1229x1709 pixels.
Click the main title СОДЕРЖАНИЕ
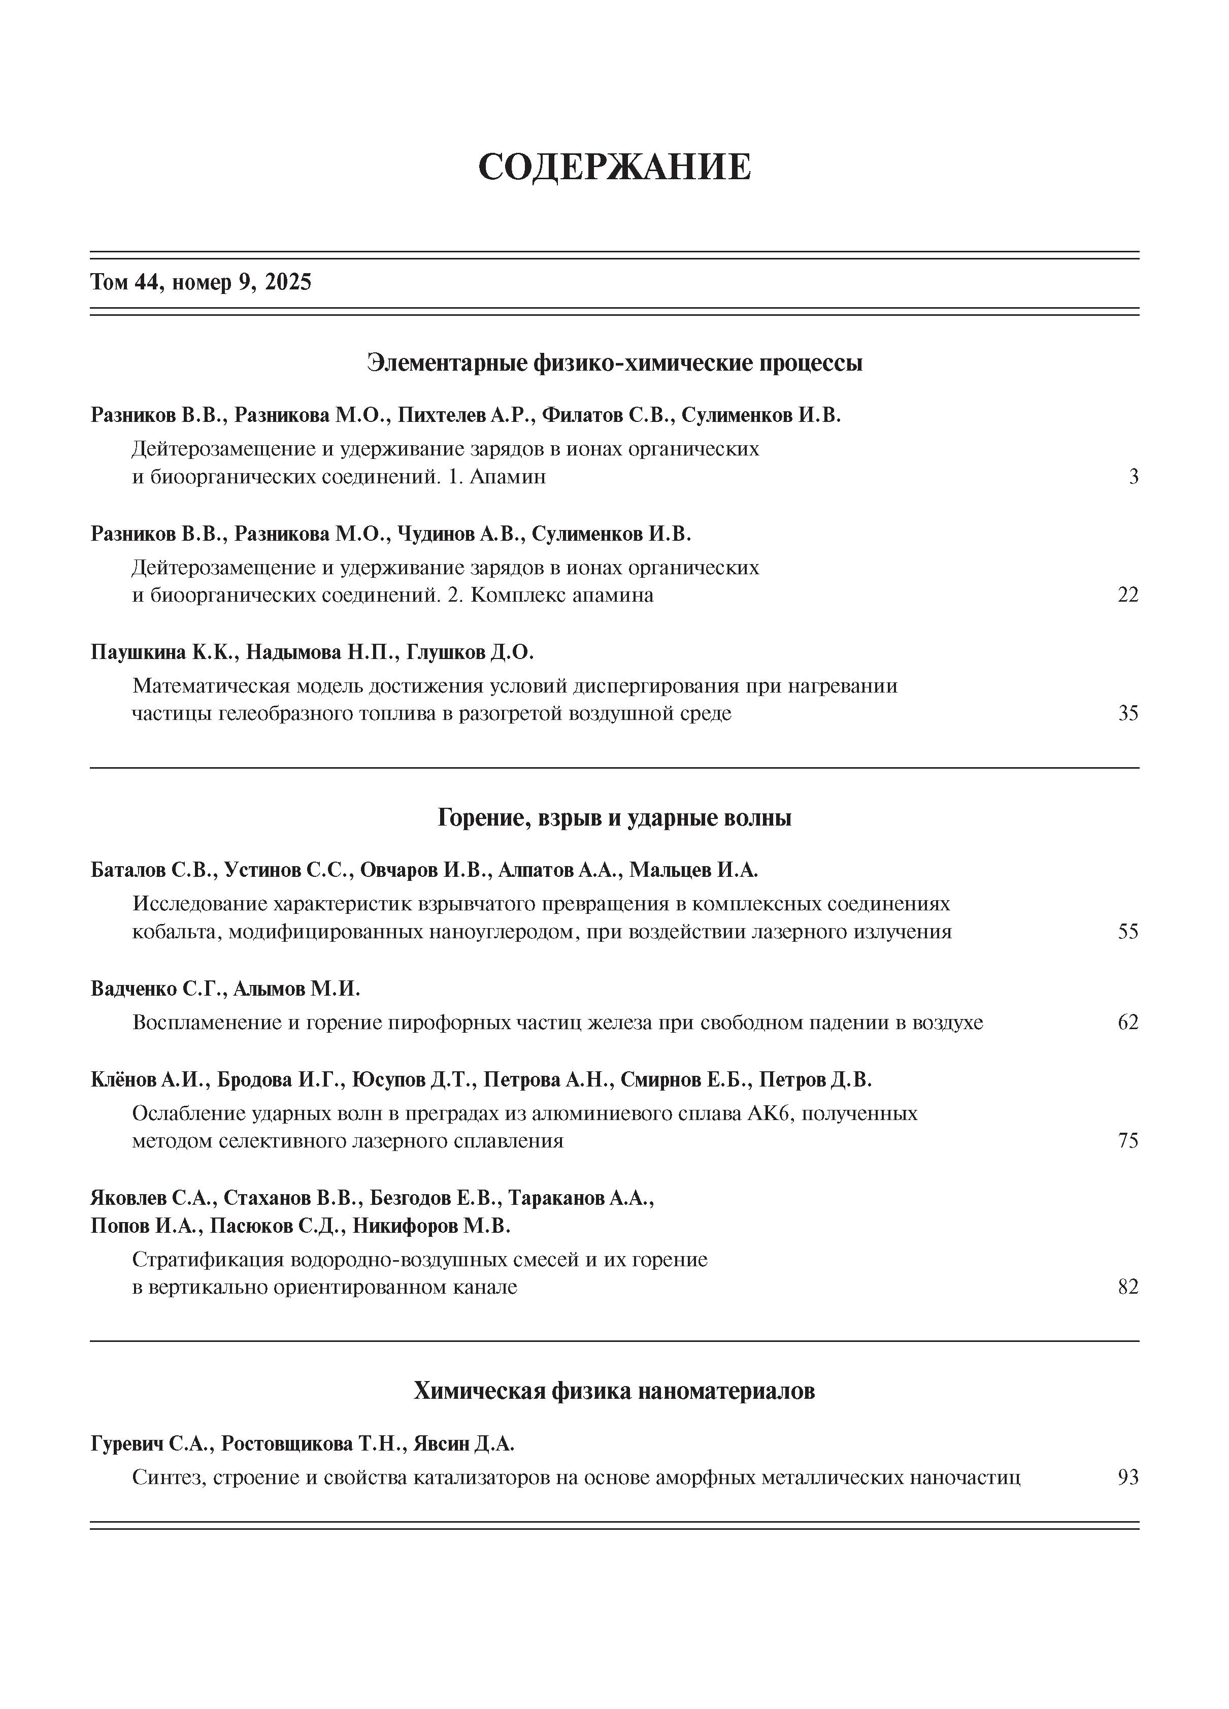point(614,167)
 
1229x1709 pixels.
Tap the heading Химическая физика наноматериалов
point(614,1391)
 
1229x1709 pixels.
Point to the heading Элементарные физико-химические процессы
point(614,363)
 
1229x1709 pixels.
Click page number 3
point(1133,477)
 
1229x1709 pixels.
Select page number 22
point(1127,595)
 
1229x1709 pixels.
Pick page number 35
point(1127,713)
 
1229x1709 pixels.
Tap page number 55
point(1127,932)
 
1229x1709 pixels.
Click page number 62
point(1127,1023)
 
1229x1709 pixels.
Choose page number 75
point(1127,1141)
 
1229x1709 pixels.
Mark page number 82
point(1127,1287)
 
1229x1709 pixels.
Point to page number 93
point(1127,1477)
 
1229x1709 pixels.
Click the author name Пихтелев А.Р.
point(465,415)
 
